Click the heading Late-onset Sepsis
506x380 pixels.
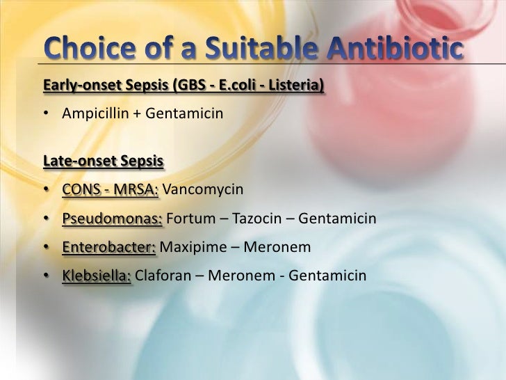click(x=103, y=161)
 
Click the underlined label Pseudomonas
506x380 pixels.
click(x=112, y=219)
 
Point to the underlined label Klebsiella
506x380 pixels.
click(x=97, y=276)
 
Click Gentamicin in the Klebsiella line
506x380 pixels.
click(x=327, y=276)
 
